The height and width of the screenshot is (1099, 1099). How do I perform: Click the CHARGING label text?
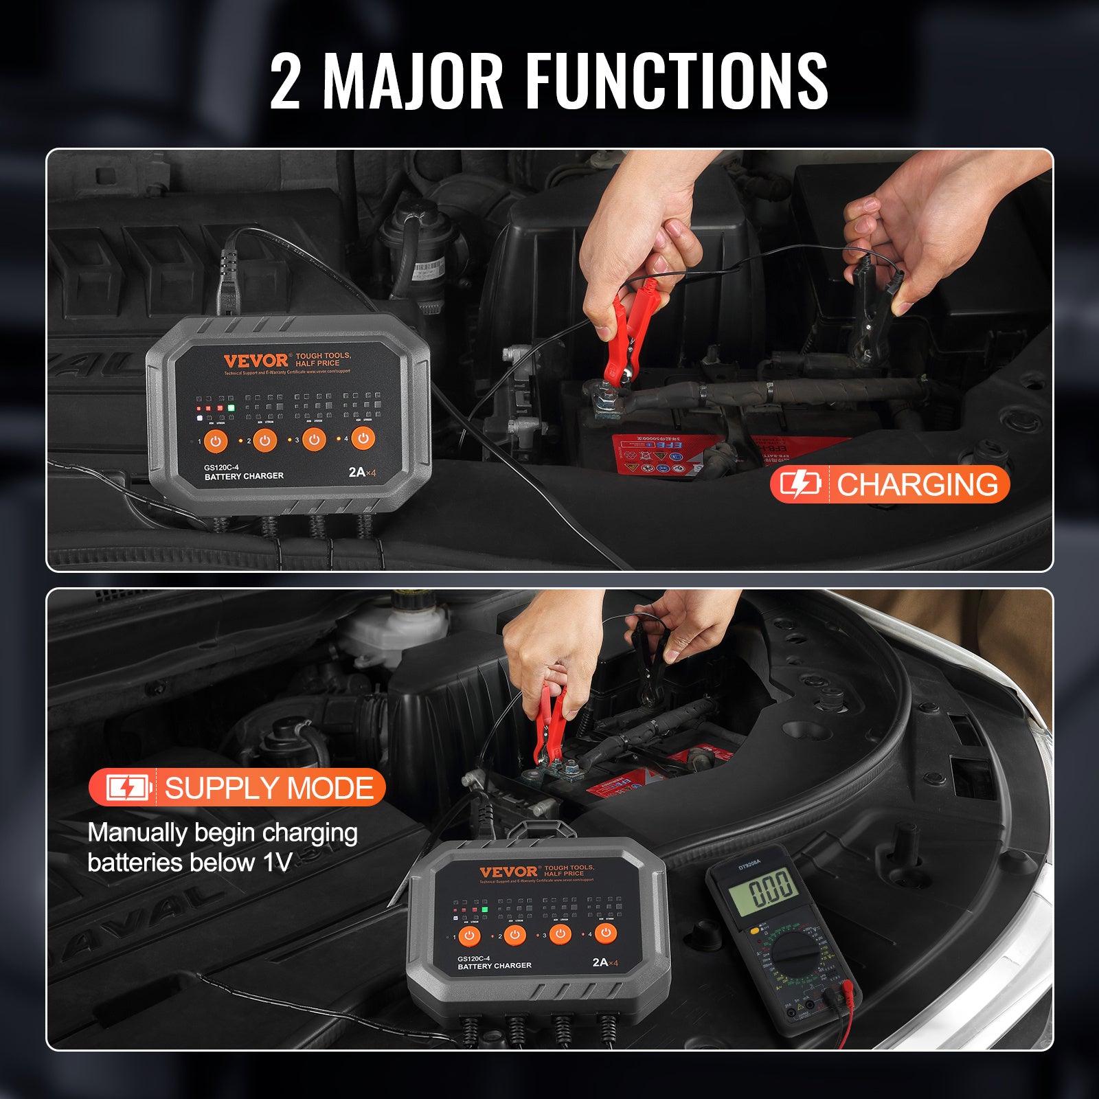coord(917,484)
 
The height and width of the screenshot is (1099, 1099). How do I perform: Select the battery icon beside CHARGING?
coord(800,484)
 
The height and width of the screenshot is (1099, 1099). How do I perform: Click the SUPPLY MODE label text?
coord(269,788)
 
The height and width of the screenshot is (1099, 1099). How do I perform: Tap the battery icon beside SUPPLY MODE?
coord(128,788)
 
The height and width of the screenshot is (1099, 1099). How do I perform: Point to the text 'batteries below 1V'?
coord(190,863)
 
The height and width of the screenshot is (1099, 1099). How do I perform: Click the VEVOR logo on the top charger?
coord(256,361)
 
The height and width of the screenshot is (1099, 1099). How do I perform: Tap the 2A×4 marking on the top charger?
coord(362,473)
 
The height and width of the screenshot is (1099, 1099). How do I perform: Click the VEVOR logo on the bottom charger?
coord(509,872)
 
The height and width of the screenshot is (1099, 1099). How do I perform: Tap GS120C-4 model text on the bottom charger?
coord(474,958)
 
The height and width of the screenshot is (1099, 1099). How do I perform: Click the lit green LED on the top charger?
coord(231,408)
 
